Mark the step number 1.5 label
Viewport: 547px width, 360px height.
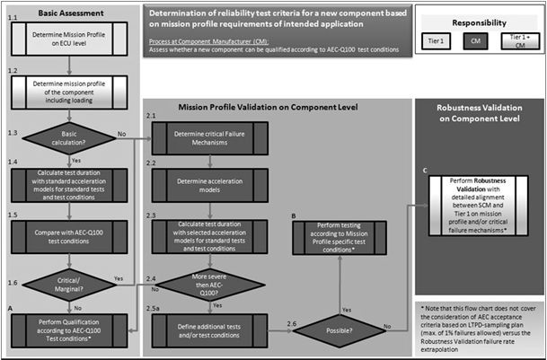point(10,215)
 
